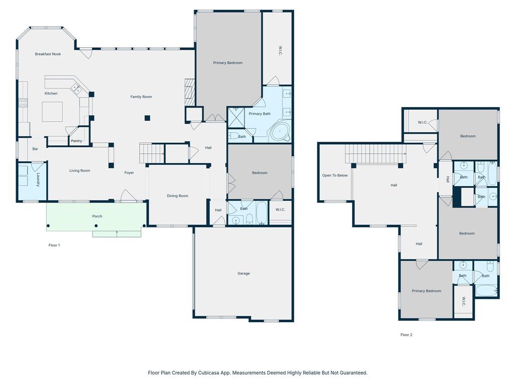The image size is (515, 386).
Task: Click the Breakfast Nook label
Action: click(48, 54)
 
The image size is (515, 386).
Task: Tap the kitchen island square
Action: click(52, 112)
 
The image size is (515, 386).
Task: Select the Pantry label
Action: click(76, 141)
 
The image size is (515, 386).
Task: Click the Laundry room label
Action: click(38, 179)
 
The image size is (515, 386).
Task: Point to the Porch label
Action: click(97, 216)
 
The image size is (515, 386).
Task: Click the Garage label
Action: click(243, 273)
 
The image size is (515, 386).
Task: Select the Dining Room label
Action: click(178, 196)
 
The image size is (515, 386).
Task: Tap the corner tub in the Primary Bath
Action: click(279, 132)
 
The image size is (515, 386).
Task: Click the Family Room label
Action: click(141, 96)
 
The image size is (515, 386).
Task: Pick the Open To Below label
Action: click(335, 175)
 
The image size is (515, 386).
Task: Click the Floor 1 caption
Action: click(54, 245)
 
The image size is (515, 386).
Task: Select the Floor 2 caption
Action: click(406, 334)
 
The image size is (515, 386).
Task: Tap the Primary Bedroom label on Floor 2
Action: click(426, 291)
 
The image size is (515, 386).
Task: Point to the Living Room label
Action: click(79, 171)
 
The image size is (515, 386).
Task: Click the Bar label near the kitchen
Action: click(35, 149)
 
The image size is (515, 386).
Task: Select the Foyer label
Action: click(129, 173)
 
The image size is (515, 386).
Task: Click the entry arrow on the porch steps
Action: click(117, 233)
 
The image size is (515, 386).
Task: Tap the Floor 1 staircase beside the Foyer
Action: click(152, 153)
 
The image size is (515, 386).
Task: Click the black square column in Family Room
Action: click(147, 118)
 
